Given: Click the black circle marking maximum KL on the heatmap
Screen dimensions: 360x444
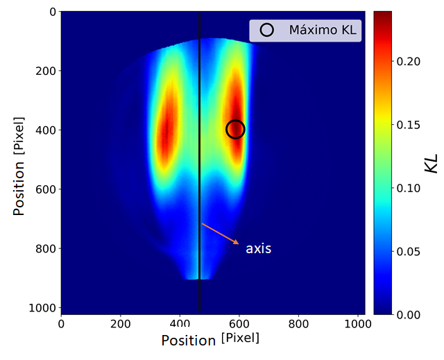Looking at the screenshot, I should tap(235, 129).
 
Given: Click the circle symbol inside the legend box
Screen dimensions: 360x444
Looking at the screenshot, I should tap(266, 31).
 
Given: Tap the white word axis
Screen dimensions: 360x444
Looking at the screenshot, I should tap(258, 248).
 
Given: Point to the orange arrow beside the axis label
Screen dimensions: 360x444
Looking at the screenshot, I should tap(221, 234).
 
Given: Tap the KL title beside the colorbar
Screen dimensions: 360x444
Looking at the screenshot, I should tap(431, 164).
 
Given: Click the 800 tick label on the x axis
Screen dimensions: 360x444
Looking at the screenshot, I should tap(299, 323).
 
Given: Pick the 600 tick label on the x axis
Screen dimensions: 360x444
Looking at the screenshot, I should tap(239, 323).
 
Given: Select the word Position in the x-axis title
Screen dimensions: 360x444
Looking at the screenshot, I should tap(189, 340).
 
